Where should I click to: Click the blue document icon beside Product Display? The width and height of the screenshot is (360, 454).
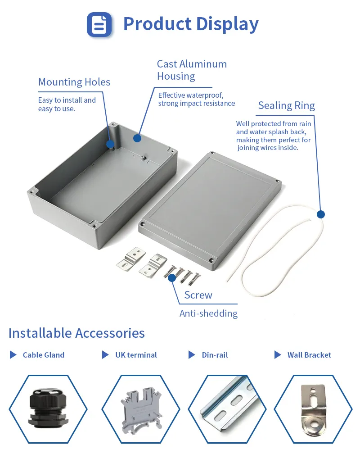(x=99, y=24)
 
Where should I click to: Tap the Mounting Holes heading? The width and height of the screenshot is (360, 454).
(x=74, y=82)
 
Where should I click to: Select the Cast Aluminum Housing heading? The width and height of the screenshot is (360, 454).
(x=192, y=70)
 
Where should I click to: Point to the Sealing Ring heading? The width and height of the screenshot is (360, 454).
(x=287, y=105)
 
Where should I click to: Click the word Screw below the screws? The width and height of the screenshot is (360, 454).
(x=198, y=295)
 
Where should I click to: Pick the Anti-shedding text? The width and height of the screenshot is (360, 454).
(x=208, y=313)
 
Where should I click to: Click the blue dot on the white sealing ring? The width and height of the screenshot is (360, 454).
(x=321, y=214)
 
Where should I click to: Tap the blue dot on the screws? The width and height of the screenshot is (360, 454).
(x=172, y=278)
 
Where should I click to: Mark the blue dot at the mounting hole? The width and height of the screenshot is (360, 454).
(x=110, y=144)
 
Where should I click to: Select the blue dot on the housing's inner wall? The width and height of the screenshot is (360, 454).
(x=137, y=138)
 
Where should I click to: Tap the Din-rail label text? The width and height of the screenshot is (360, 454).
(x=215, y=355)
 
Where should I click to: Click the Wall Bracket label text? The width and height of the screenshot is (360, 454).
(x=309, y=355)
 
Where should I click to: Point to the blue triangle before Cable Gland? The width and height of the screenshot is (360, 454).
(x=13, y=355)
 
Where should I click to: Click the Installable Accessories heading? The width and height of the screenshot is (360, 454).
(x=76, y=333)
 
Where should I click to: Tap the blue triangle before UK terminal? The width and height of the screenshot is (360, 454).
(x=105, y=355)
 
